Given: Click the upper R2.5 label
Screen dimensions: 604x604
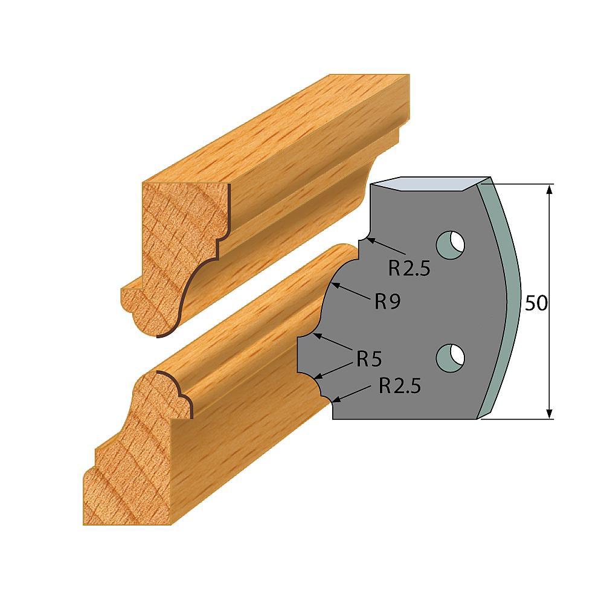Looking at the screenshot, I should click(x=409, y=268).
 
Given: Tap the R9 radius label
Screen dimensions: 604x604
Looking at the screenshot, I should click(x=387, y=301).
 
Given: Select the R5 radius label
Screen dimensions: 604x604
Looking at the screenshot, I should click(x=368, y=359).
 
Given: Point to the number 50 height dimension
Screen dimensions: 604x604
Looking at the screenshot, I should click(x=535, y=303).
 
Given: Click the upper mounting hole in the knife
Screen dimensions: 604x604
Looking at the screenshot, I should click(x=451, y=245).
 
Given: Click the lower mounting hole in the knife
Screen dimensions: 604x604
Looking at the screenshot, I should click(x=451, y=356).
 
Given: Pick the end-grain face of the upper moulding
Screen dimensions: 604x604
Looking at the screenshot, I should click(x=175, y=242).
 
